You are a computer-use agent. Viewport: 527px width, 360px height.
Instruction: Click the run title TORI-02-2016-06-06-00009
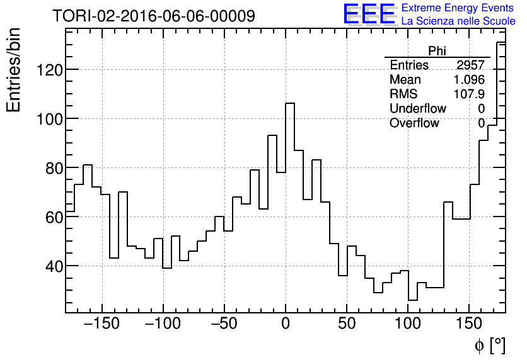click(x=154, y=16)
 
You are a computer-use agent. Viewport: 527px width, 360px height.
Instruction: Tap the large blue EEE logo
click(x=369, y=14)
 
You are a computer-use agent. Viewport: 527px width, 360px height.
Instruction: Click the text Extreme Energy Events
click(x=458, y=8)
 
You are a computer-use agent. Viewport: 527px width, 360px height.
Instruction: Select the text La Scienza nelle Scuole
click(x=458, y=21)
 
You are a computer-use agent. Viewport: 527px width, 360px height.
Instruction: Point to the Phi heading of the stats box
click(x=437, y=51)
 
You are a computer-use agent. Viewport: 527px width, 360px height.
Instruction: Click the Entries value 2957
click(x=470, y=65)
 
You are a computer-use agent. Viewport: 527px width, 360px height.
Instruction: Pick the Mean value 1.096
click(x=469, y=80)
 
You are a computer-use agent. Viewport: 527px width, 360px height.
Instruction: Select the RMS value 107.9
click(x=469, y=94)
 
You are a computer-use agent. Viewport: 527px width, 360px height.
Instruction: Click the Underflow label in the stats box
click(x=417, y=109)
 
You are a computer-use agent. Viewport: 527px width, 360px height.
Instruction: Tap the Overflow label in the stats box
click(x=414, y=123)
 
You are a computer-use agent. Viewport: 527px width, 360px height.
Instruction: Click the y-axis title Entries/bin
click(x=14, y=70)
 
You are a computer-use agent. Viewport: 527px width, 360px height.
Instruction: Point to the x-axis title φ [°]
click(x=490, y=345)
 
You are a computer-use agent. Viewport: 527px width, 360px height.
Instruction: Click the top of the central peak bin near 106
click(x=290, y=103)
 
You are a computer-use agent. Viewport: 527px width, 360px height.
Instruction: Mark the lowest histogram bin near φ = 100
click(x=412, y=300)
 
